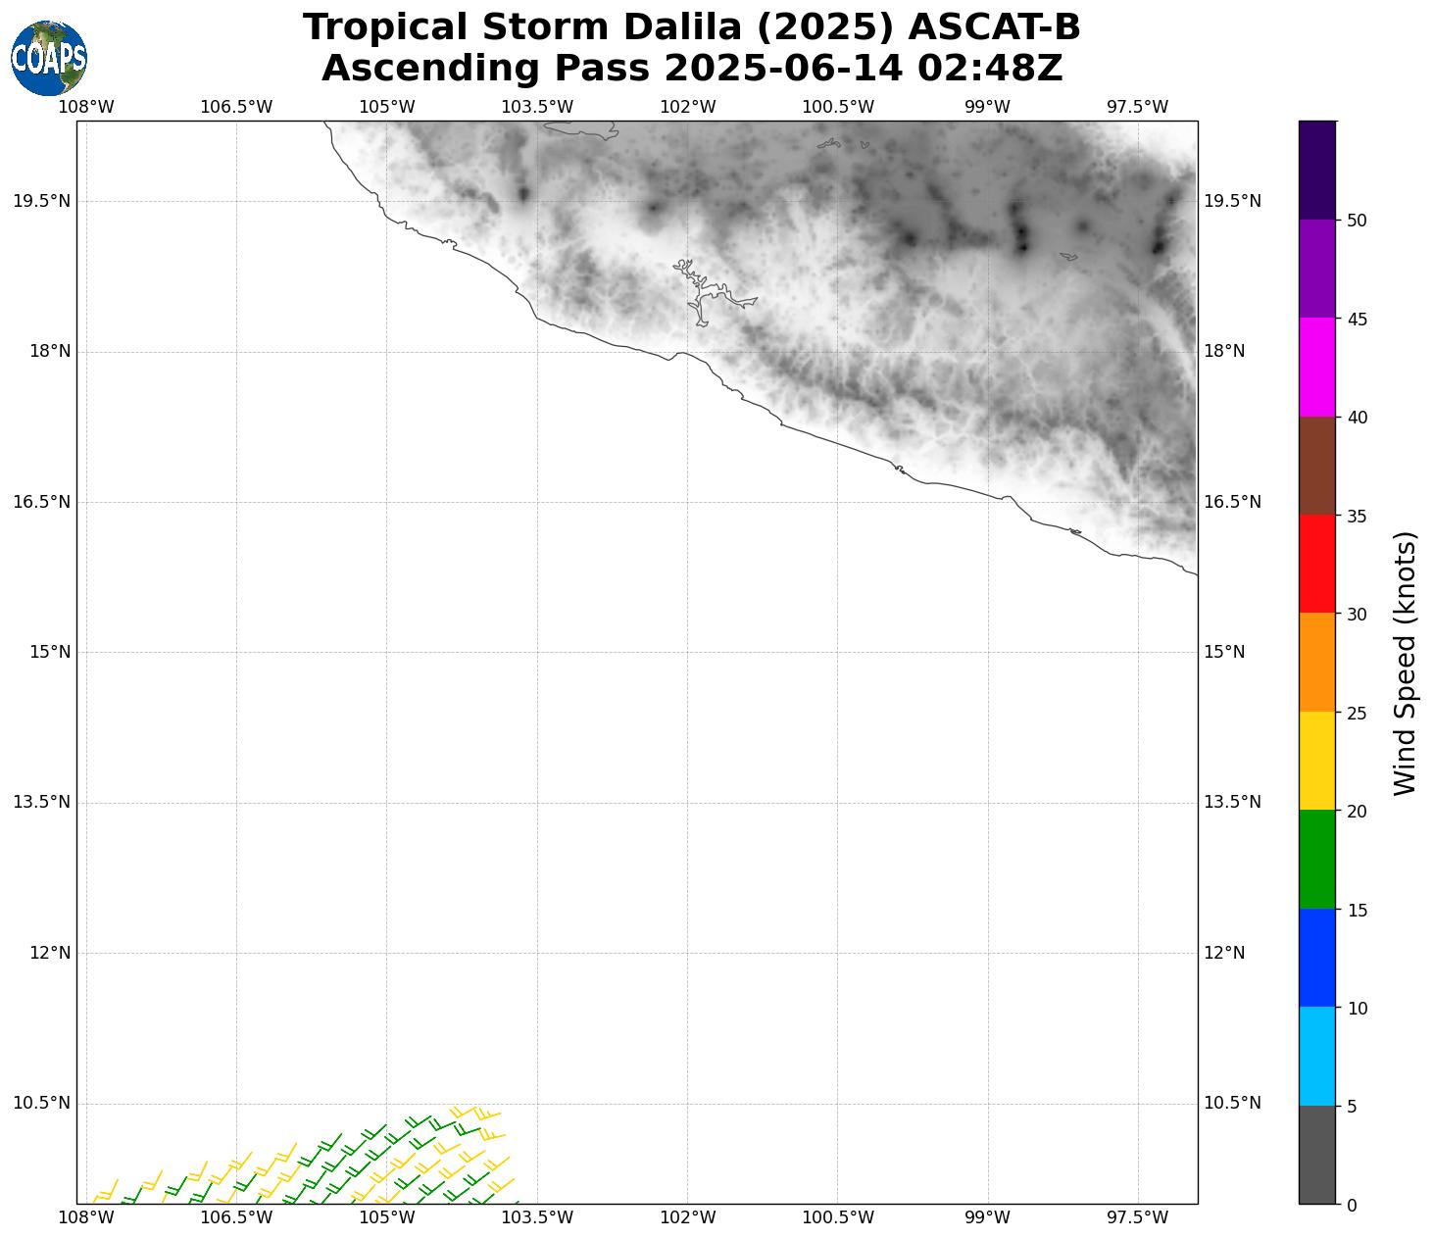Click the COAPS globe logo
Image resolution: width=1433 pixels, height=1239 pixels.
click(49, 58)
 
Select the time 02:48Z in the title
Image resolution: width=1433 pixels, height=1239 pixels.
click(989, 69)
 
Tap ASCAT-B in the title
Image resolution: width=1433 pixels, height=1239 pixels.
click(994, 27)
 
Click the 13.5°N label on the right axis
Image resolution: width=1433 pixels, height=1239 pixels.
click(1232, 802)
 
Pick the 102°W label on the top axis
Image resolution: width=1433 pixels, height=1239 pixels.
click(687, 107)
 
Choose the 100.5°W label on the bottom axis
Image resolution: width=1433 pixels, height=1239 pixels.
click(838, 1217)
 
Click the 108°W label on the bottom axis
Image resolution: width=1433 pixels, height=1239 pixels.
click(86, 1217)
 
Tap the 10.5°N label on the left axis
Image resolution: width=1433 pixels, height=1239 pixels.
click(41, 1103)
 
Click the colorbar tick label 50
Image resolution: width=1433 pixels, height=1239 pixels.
click(1358, 221)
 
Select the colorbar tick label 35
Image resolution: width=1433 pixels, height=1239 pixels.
click(1358, 516)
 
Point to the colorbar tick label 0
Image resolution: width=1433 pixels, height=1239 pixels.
click(1353, 1205)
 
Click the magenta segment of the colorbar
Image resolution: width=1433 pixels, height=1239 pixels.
click(1316, 368)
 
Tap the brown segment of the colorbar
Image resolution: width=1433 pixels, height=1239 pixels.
click(1316, 466)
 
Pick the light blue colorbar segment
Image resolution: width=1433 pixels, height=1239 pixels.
click(1316, 1056)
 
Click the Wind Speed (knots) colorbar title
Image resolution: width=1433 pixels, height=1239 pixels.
click(1405, 663)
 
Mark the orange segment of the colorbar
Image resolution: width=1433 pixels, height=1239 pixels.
click(1316, 663)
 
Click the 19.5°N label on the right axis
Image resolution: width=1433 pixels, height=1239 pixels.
click(1232, 201)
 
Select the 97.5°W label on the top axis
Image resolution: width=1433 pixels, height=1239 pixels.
click(1137, 107)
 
